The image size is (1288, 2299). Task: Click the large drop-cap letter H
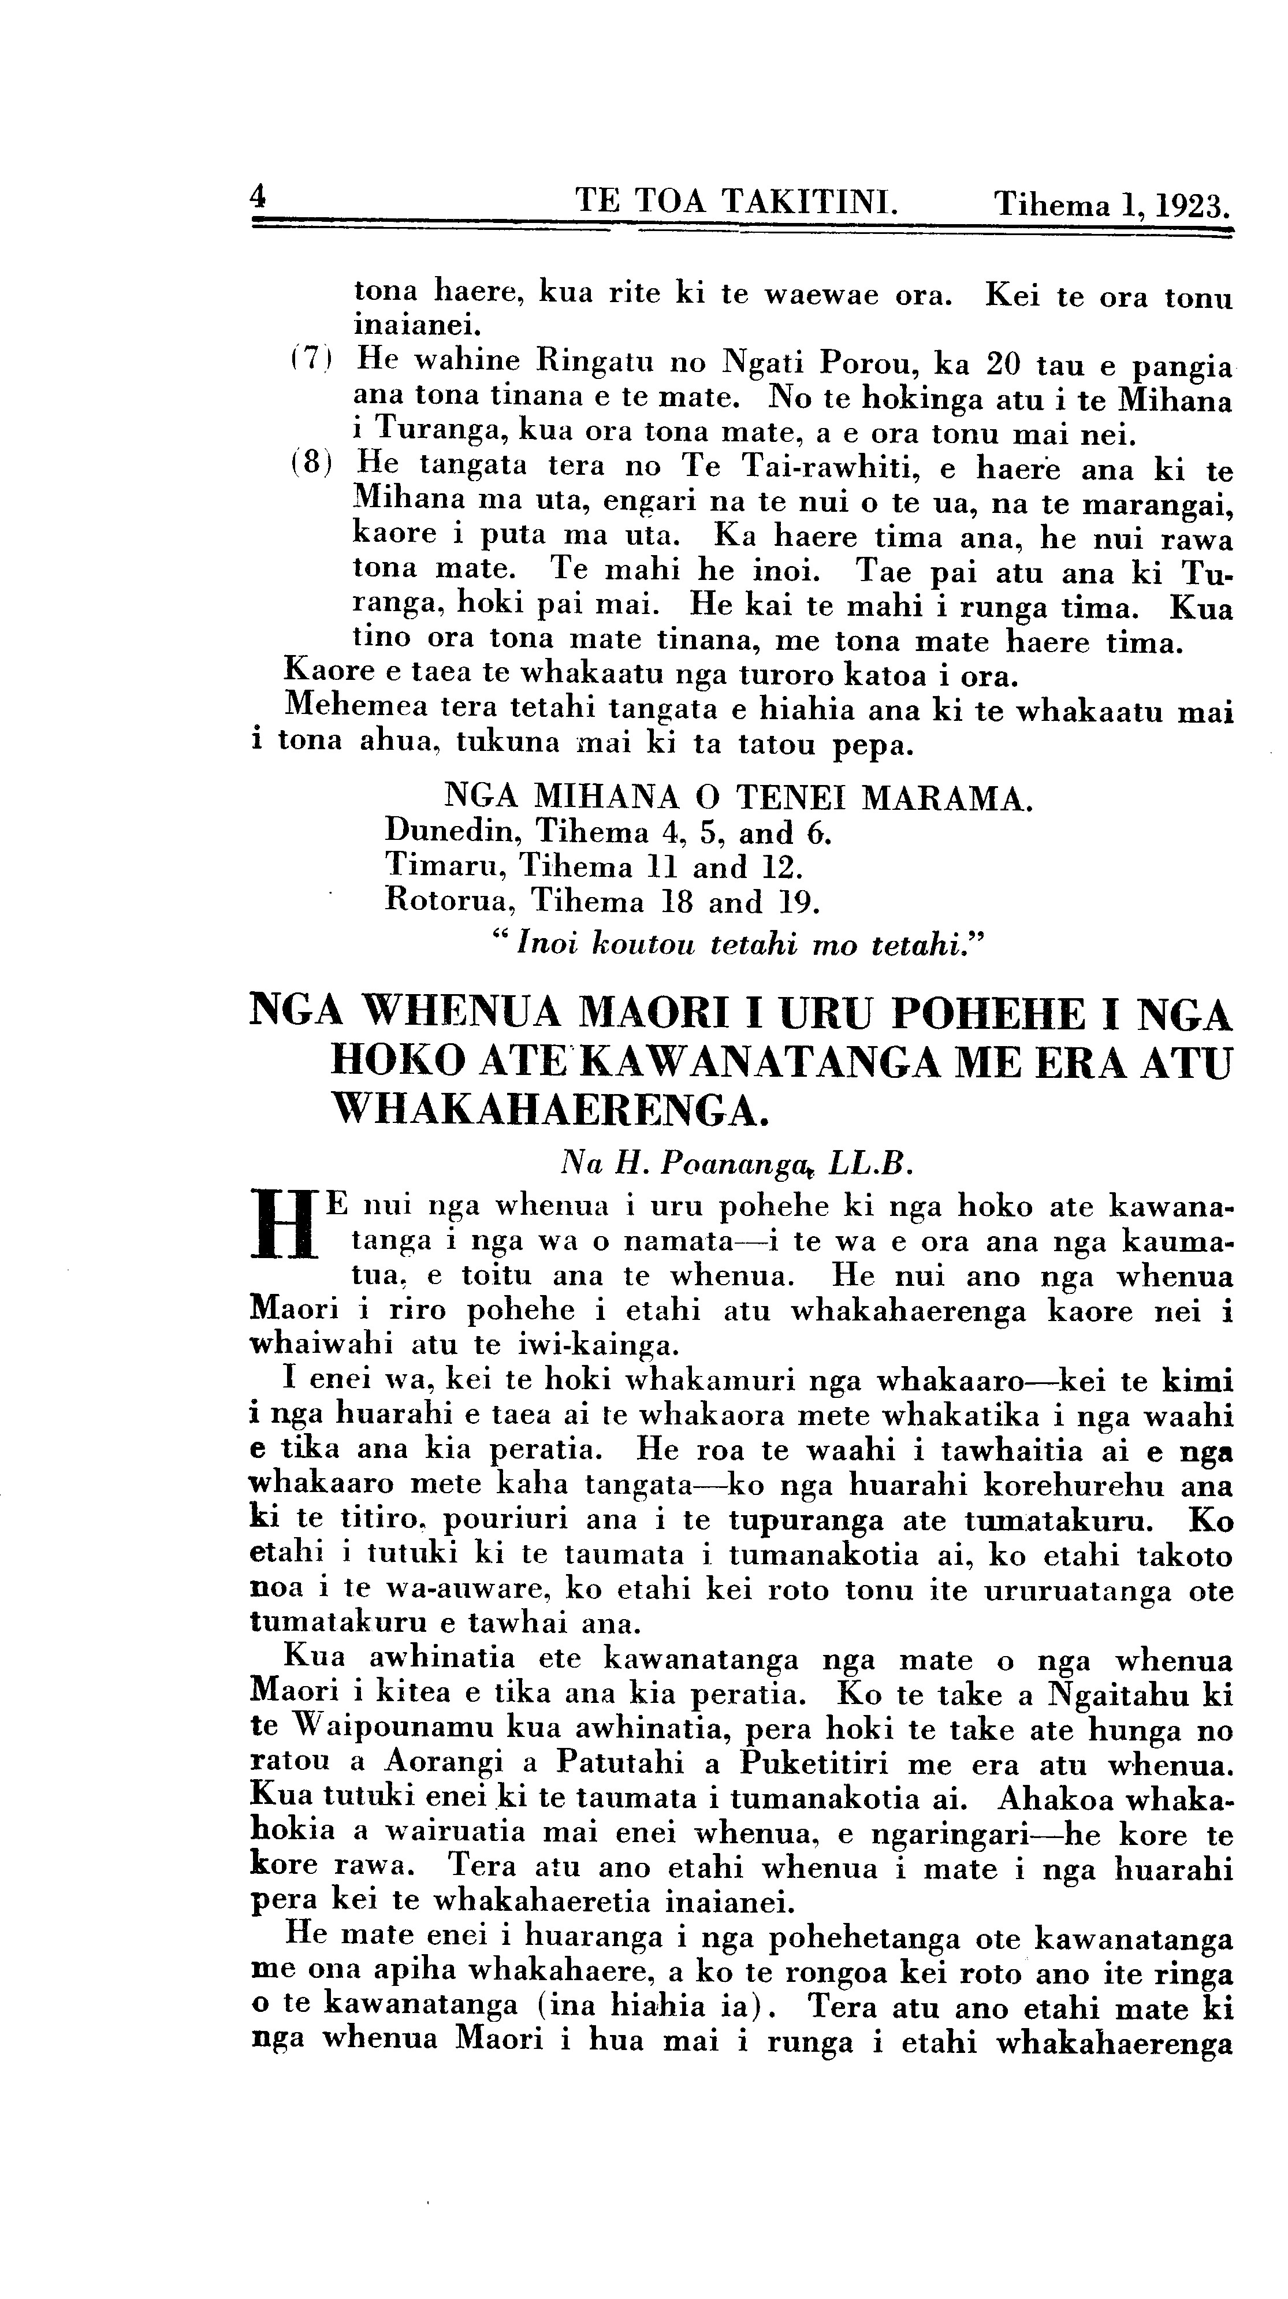[286, 1223]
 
